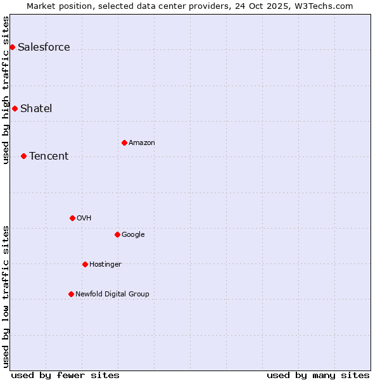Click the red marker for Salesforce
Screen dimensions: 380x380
click(12, 47)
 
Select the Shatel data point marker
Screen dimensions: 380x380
click(15, 108)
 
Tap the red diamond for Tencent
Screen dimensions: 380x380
click(23, 156)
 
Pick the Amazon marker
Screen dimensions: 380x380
click(124, 142)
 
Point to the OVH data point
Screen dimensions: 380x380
click(72, 218)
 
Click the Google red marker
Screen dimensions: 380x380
click(117, 234)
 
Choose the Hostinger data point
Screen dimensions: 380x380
click(85, 264)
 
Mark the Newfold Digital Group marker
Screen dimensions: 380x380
click(71, 294)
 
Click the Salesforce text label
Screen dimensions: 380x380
click(44, 47)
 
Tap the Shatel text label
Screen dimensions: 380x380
click(36, 109)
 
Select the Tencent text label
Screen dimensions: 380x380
click(49, 156)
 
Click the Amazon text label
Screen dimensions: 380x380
click(142, 143)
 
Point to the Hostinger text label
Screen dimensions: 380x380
click(105, 265)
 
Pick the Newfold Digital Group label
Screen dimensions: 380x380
click(112, 294)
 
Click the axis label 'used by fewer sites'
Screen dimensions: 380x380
click(65, 375)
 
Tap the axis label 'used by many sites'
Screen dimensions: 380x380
click(318, 375)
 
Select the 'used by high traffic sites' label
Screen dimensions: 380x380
click(6, 89)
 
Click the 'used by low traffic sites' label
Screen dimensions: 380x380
click(6, 296)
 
